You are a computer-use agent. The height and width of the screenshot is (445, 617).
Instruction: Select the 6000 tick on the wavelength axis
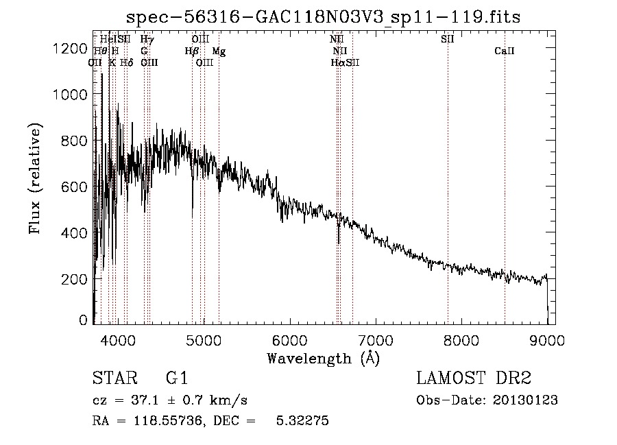tap(289, 339)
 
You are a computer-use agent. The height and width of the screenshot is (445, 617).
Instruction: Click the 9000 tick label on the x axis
tap(547, 339)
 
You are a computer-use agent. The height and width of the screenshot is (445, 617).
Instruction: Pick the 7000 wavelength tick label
tap(375, 339)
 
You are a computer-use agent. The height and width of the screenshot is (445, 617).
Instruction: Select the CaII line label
tap(505, 51)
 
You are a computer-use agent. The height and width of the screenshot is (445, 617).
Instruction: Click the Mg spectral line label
tap(219, 51)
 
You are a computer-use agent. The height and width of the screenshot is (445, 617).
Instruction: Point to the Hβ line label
tap(192, 51)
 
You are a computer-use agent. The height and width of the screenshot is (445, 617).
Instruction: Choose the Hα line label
tap(338, 62)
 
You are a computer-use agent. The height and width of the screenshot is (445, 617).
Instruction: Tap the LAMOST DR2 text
tap(474, 378)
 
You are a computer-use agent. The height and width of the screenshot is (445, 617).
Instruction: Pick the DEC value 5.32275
tap(303, 421)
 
